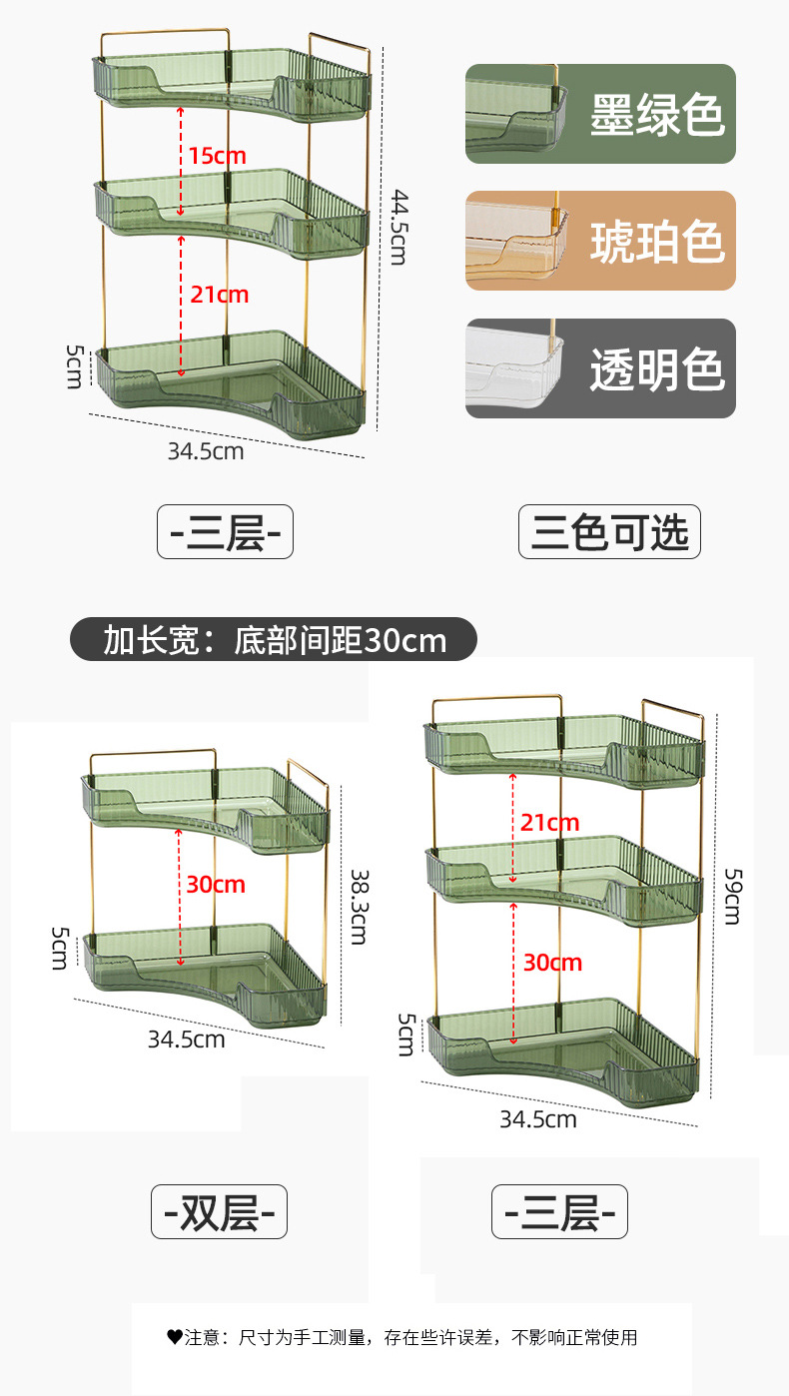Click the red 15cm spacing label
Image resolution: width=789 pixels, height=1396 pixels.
(x=217, y=156)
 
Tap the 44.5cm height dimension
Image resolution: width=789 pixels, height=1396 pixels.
(x=397, y=227)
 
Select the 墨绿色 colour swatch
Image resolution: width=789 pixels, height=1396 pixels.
(x=600, y=114)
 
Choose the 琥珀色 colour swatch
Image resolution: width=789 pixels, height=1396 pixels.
(x=600, y=241)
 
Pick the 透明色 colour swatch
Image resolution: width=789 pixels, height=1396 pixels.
(x=600, y=368)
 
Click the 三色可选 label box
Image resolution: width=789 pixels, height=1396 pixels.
(x=609, y=532)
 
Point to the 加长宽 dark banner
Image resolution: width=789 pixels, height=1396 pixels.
(x=274, y=639)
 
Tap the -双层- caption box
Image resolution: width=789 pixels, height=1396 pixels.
(x=219, y=1212)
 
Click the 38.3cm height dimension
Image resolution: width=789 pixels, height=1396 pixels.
(x=359, y=905)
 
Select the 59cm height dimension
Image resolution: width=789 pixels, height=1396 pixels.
(x=731, y=896)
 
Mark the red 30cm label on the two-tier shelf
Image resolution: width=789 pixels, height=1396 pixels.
(x=215, y=885)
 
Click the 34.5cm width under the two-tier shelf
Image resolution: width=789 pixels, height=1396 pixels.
(x=187, y=1040)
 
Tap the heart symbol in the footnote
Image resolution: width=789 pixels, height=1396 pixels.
(x=174, y=1336)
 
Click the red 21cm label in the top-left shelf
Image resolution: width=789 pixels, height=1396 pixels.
(x=219, y=295)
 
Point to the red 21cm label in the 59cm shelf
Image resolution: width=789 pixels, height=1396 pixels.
(x=549, y=823)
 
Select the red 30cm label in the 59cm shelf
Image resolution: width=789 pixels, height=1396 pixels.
(x=552, y=963)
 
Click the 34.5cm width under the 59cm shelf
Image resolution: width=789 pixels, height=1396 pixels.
(x=538, y=1119)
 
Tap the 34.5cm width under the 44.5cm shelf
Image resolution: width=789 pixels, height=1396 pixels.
(x=206, y=451)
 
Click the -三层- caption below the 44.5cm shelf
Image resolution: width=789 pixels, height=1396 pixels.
(x=225, y=532)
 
